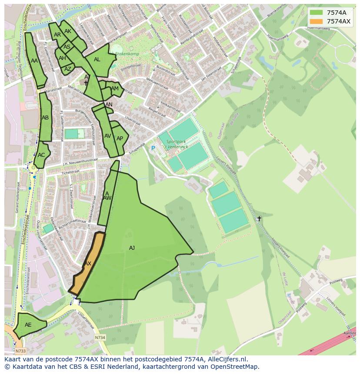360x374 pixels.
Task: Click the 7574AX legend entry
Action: pyautogui.click(x=330, y=21)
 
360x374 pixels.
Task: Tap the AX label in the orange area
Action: pyautogui.click(x=88, y=264)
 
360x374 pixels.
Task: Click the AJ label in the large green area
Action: pyautogui.click(x=132, y=248)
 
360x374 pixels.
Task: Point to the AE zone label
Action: pyautogui.click(x=28, y=325)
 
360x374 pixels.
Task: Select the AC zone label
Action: pyautogui.click(x=41, y=155)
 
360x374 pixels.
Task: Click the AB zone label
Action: pyautogui.click(x=45, y=118)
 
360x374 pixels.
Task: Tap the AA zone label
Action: pyautogui.click(x=34, y=61)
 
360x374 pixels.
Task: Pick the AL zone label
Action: pyautogui.click(x=97, y=60)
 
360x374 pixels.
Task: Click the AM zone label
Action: pyautogui.click(x=115, y=89)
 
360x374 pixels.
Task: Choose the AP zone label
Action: pyautogui.click(x=120, y=139)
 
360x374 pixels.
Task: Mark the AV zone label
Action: pyautogui.click(x=108, y=136)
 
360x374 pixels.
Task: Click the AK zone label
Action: pyautogui.click(x=68, y=31)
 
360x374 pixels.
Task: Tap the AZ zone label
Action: pyautogui.click(x=68, y=69)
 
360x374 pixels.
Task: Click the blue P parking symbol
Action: pyautogui.click(x=153, y=148)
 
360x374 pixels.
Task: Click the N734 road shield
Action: pyautogui.click(x=100, y=338)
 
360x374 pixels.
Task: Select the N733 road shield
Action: pyautogui.click(x=20, y=351)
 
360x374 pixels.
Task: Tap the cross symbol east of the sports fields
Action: pyautogui.click(x=259, y=218)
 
